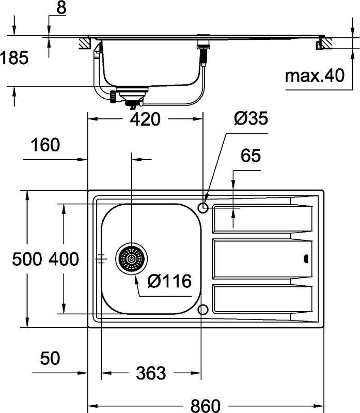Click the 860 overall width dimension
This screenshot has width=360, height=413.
coord(205,405)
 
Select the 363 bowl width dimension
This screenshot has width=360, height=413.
coord(151,373)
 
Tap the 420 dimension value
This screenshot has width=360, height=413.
coord(145,119)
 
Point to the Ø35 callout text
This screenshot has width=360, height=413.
coord(251,118)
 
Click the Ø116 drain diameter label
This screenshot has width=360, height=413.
coord(169,281)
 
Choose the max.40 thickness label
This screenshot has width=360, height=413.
coord(315,75)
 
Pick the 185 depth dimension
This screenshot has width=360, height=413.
coord(14,58)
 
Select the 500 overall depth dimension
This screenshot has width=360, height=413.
coord(27,259)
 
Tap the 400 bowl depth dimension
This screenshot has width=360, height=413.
coord(64,259)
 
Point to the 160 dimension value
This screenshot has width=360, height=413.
coord(45,145)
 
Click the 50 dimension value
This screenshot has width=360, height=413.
coord(50,358)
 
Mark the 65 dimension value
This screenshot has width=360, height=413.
coord(251,156)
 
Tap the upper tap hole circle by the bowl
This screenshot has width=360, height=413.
coord(203,208)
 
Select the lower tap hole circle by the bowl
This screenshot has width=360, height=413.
coord(202,310)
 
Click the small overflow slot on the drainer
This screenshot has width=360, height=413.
coord(306,259)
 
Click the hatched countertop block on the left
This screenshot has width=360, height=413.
coord(85,43)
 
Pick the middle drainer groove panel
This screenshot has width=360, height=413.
coord(262,258)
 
